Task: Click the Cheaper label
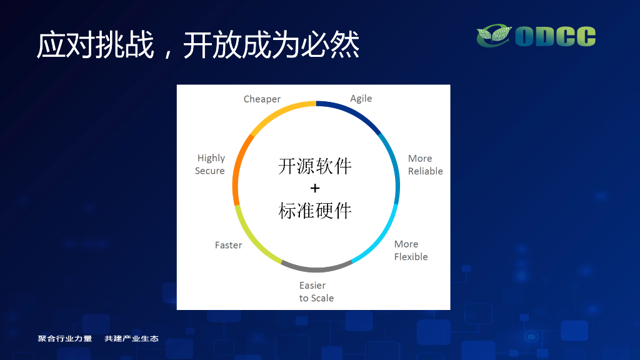point(262,99)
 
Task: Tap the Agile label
point(361,99)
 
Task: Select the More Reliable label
point(425,164)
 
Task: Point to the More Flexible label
point(411,250)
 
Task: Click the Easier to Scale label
point(316,291)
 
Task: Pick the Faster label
point(229,245)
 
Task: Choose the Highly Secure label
point(210,164)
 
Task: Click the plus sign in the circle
point(315,188)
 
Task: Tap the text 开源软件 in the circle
point(315,166)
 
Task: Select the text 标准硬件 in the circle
point(315,211)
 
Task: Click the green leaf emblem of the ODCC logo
point(494,36)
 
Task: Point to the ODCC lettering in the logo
point(556,36)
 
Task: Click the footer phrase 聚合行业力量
point(65,338)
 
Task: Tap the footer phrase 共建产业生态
point(131,338)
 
